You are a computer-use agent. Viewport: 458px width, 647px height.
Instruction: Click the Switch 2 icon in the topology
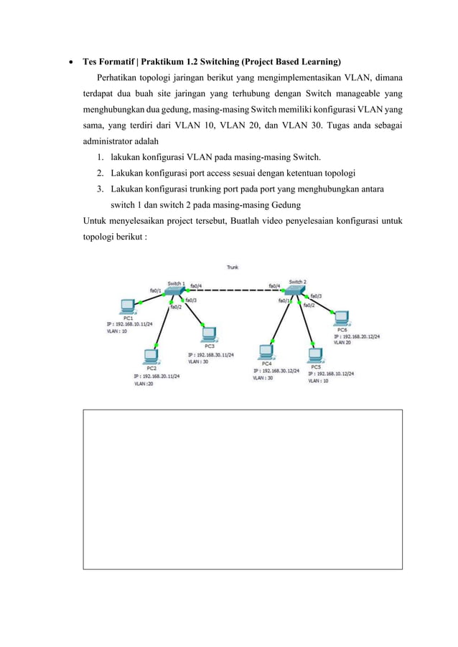coord(295,291)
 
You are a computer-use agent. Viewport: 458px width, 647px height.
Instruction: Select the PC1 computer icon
coord(128,306)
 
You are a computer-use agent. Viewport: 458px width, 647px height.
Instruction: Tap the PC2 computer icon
coord(151,356)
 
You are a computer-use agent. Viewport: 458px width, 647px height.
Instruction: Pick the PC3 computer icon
coord(208,334)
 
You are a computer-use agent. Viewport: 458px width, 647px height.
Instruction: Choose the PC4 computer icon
coord(266,351)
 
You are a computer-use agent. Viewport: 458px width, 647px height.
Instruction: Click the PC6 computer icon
coord(342,318)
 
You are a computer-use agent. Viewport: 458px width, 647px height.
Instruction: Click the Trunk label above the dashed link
coord(233,268)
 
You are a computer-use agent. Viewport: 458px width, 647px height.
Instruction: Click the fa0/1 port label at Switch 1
coord(154,290)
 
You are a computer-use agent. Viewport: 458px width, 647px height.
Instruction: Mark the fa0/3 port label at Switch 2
coord(316,296)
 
